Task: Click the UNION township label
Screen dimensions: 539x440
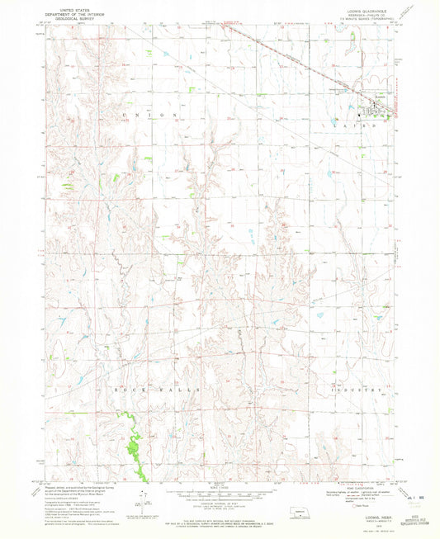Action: (x=149, y=115)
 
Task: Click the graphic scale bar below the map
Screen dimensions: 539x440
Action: (x=220, y=495)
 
